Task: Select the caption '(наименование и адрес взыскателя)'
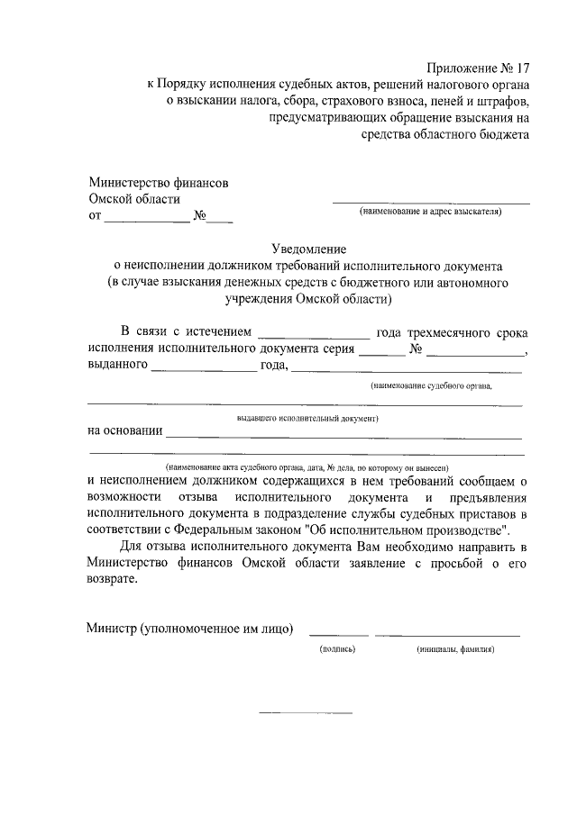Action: (x=431, y=212)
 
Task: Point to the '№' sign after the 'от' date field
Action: (x=201, y=216)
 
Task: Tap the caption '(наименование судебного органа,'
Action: (x=431, y=385)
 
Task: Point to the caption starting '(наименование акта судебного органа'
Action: (x=307, y=468)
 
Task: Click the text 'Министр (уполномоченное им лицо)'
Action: (x=190, y=628)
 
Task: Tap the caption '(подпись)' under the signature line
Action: (x=338, y=648)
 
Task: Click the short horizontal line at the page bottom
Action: (x=306, y=713)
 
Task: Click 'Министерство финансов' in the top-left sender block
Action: (x=158, y=183)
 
